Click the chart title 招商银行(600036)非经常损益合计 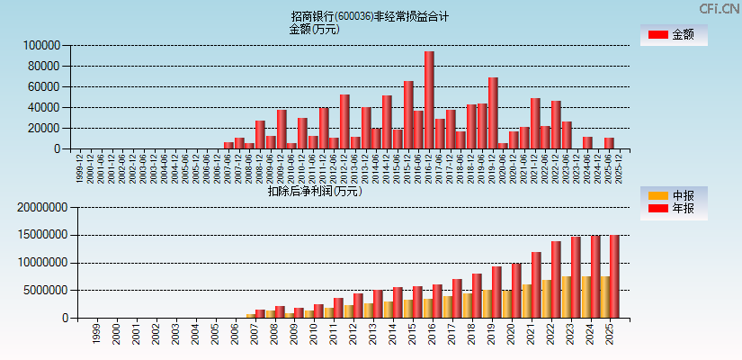[370, 16]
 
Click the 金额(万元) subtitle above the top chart [314, 29]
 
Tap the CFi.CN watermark [719, 8]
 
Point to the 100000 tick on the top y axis [40, 45]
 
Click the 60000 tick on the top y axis [42, 86]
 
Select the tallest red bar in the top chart [429, 100]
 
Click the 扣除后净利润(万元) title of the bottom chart [315, 191]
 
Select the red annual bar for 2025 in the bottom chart [614, 277]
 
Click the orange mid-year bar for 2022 [546, 299]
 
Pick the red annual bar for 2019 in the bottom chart [496, 292]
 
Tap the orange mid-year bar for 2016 [428, 308]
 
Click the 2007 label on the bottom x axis [255, 334]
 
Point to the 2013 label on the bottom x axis [372, 334]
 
